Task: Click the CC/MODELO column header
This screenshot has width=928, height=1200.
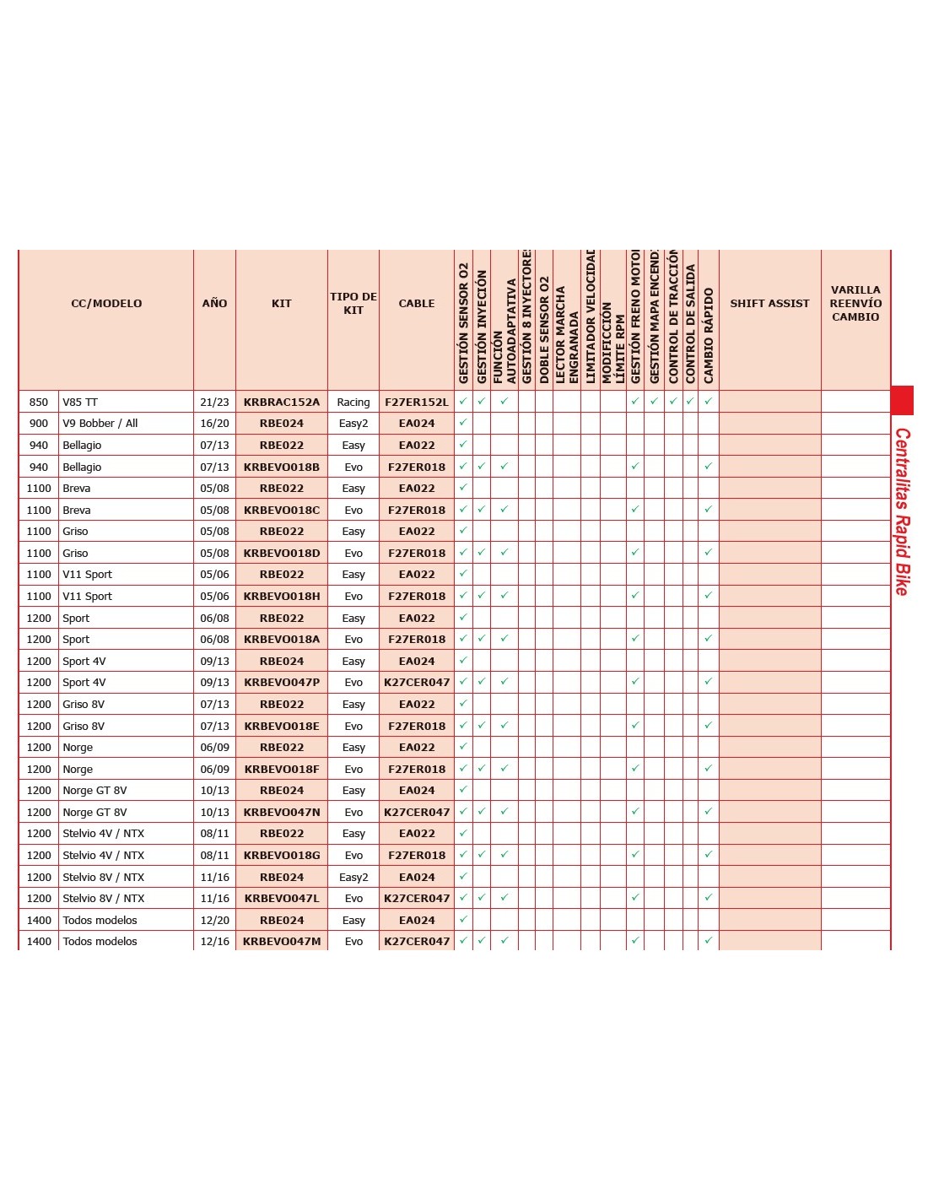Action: point(106,303)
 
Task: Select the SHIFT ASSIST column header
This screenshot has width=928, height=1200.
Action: point(769,303)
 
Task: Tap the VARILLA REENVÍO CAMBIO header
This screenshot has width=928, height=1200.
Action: point(855,303)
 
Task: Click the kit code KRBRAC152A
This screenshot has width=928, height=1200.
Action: point(282,403)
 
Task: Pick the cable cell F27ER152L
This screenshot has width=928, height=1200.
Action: point(417,403)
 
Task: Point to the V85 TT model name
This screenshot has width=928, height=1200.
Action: point(80,403)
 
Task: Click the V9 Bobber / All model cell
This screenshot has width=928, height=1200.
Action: point(100,424)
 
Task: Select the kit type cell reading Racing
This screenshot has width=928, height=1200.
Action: point(353,403)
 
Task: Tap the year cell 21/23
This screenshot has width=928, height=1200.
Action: point(214,403)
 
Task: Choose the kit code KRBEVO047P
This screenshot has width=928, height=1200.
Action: point(282,683)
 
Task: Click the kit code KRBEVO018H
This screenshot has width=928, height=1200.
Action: point(282,597)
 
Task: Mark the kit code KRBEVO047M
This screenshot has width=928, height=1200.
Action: point(282,942)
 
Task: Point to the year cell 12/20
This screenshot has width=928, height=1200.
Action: point(214,921)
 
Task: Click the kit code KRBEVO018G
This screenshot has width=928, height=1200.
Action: point(282,856)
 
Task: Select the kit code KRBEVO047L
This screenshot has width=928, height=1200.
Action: point(282,899)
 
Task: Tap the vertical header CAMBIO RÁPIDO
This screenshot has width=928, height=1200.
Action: point(709,336)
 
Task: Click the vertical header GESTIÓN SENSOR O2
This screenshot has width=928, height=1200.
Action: point(463,323)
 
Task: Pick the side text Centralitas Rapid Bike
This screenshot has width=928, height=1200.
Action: point(902,511)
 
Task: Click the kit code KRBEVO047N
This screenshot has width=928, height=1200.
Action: point(282,813)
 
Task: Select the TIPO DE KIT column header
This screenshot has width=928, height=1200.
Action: point(353,303)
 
